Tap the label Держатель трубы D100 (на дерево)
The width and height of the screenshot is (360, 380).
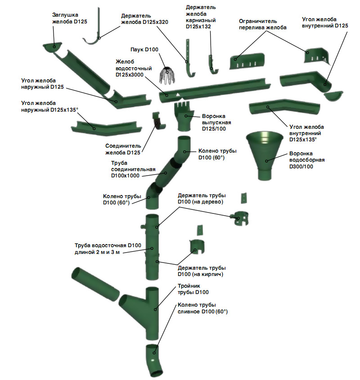point(202,199)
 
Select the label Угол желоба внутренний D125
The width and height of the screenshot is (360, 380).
point(325,23)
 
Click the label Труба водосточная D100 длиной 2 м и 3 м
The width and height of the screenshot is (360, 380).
point(108,249)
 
